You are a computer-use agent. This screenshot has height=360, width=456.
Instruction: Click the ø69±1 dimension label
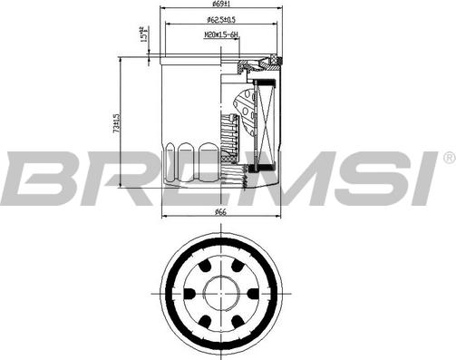219,7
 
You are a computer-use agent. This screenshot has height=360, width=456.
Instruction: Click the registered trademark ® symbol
448,159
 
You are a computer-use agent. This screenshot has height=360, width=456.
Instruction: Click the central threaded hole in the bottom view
219,293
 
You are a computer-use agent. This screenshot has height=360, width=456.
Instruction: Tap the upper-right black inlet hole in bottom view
235,268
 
